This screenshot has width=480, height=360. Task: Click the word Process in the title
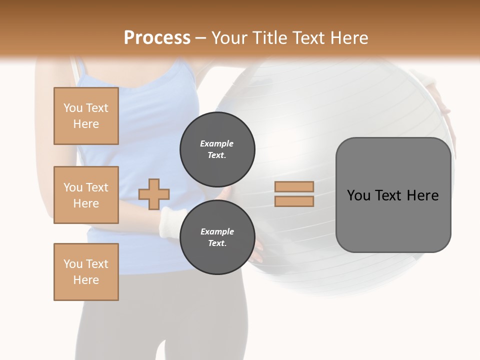(157, 37)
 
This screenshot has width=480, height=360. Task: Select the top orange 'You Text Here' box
(86, 116)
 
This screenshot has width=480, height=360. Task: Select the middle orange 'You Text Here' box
(86, 195)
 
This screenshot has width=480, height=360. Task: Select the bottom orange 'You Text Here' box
(86, 272)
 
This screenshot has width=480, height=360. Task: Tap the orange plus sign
(154, 194)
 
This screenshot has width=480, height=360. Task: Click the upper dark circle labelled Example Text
(217, 149)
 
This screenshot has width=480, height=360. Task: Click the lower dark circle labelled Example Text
(217, 237)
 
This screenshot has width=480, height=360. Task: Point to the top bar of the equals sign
(294, 186)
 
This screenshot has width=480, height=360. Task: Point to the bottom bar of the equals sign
(294, 201)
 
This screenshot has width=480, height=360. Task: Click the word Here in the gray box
(422, 195)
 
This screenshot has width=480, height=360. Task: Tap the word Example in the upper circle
(217, 143)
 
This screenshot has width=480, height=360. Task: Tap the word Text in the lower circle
(217, 243)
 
